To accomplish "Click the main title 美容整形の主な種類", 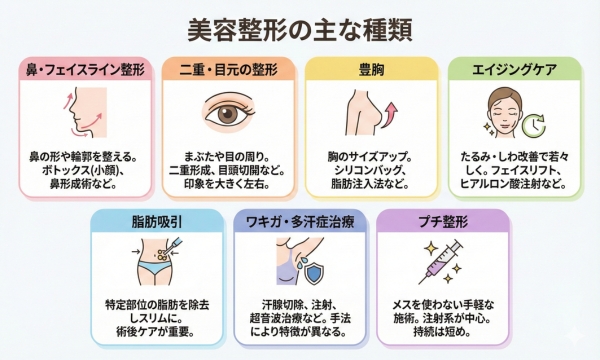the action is click(x=300, y=28).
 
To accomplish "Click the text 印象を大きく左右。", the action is click(x=229, y=185).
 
